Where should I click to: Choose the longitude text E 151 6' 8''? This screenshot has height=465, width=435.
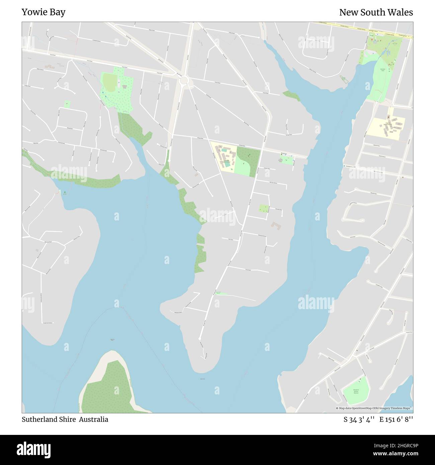click(396, 420)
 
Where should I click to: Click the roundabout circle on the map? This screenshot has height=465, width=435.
click(183, 81)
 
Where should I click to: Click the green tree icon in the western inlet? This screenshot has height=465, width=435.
click(65, 192)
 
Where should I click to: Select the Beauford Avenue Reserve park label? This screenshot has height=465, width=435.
click(355, 391)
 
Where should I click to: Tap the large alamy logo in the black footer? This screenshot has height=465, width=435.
click(33, 449)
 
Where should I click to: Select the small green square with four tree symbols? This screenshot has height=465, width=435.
click(264, 208)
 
